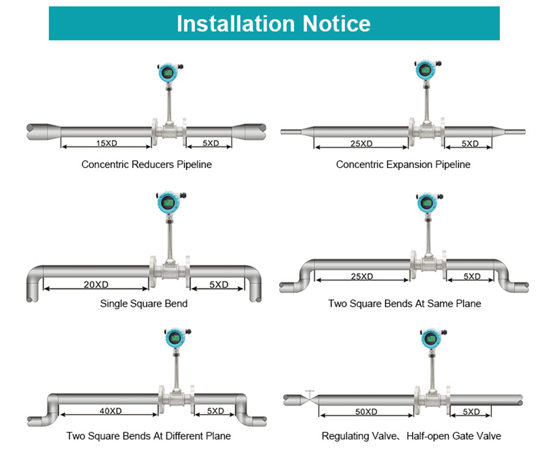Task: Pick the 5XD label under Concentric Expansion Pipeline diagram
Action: (470, 144)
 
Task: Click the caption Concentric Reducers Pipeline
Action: (146, 165)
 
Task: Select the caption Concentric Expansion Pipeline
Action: (403, 165)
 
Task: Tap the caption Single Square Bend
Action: (144, 303)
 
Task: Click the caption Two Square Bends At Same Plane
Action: (404, 303)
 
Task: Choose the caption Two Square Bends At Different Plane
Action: (149, 436)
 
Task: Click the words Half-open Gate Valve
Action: (454, 436)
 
